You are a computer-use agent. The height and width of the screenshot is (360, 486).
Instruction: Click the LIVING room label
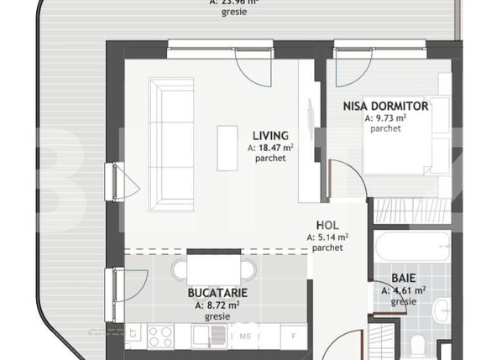tap(271, 135)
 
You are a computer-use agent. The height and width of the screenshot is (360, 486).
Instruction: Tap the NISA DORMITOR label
tap(385, 107)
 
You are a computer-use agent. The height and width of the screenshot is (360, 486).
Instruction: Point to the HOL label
tap(327, 226)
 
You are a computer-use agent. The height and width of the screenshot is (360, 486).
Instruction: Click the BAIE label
tap(404, 278)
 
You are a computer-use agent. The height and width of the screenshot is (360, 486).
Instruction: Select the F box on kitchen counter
tap(293, 337)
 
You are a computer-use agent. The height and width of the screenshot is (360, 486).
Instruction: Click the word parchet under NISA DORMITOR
tap(385, 129)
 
